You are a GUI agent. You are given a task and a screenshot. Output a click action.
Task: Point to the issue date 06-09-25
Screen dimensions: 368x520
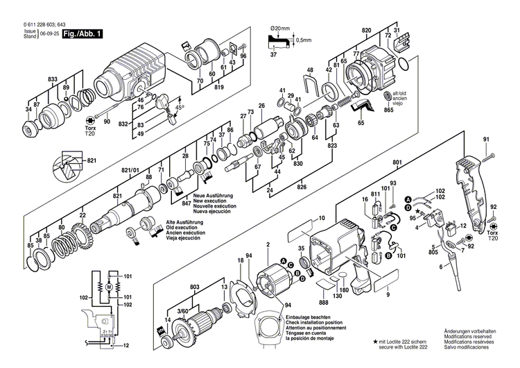[x=48, y=34]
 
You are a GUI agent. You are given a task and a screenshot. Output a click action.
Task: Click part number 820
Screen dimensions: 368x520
[x=366, y=31]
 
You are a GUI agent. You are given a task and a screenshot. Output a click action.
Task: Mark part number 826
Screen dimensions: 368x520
[x=302, y=186]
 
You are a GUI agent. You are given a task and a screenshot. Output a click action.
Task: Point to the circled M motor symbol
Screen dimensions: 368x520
[x=108, y=285]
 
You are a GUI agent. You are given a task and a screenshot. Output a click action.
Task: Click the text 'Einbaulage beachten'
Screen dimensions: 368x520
[x=306, y=316]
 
